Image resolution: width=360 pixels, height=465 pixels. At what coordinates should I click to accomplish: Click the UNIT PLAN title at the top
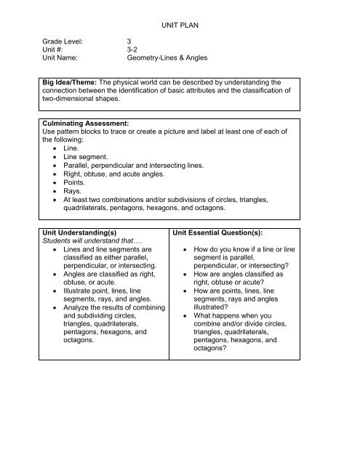click(179, 24)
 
